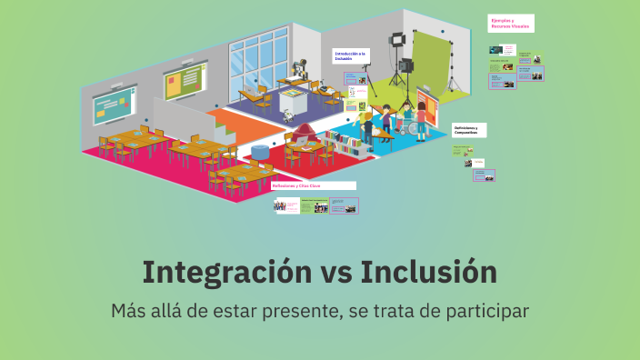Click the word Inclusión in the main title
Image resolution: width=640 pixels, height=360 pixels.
point(428,272)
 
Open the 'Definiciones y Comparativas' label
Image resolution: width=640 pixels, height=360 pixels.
point(470,130)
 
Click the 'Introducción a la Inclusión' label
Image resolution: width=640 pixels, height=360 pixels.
point(350,55)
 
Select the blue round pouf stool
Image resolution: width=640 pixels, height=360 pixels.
point(260,149)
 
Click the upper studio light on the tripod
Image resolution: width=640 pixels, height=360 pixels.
point(397,40)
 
